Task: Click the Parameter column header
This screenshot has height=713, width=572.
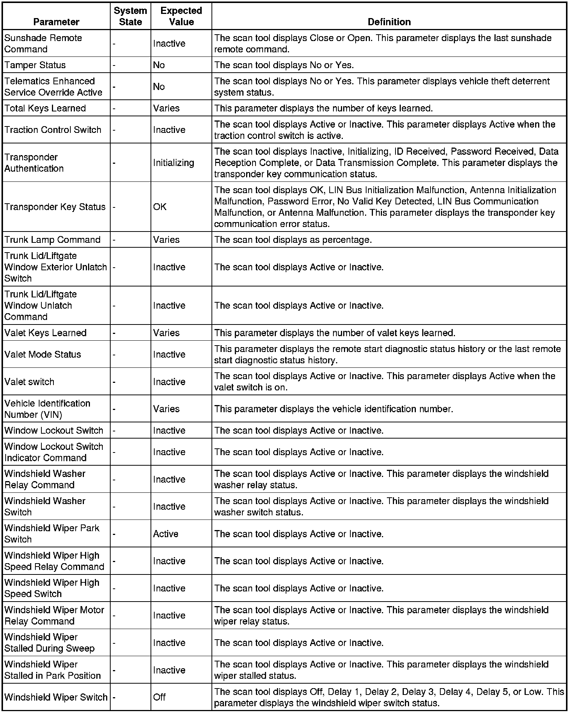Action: (x=56, y=22)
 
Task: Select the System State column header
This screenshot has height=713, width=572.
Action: (x=130, y=16)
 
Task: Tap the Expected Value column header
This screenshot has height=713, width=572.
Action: (x=181, y=16)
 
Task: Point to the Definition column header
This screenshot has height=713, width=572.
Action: (x=389, y=22)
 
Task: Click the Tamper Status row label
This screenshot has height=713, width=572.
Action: (x=35, y=65)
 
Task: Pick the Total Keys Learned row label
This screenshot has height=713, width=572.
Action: (x=45, y=108)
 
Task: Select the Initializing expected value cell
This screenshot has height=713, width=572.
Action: (x=173, y=163)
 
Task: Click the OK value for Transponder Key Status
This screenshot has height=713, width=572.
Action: (x=160, y=207)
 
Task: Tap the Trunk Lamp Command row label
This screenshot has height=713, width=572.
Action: (x=52, y=240)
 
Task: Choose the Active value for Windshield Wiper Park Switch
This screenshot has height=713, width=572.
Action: (x=166, y=534)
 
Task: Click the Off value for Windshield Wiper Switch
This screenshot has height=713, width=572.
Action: (x=159, y=697)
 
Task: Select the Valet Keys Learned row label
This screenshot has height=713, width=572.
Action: (x=46, y=333)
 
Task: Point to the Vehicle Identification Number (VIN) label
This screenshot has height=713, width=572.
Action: (x=47, y=409)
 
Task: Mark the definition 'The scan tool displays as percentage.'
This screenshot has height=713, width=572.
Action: (x=293, y=240)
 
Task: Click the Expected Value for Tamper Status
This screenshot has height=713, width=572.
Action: (x=159, y=65)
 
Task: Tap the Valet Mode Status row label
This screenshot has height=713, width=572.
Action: (x=43, y=354)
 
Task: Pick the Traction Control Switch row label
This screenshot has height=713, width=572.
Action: (x=53, y=130)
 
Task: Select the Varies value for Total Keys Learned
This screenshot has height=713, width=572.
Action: (x=166, y=108)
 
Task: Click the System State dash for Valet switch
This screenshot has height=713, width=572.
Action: (x=114, y=382)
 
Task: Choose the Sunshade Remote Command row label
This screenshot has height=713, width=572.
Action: (x=43, y=44)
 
